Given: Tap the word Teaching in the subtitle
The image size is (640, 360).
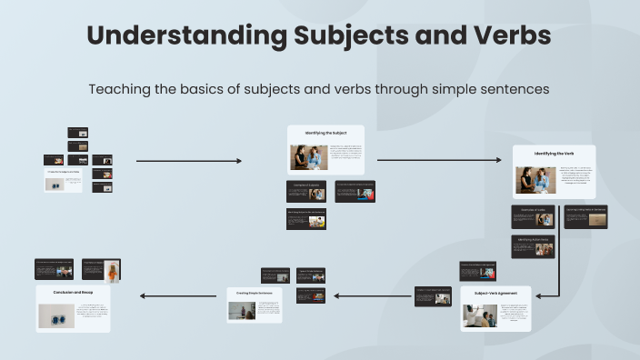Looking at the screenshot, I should click(122, 89).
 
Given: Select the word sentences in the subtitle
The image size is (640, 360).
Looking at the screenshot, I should click(515, 89).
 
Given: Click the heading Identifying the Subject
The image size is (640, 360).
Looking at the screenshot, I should click(325, 134).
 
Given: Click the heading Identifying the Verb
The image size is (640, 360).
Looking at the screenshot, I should click(554, 154).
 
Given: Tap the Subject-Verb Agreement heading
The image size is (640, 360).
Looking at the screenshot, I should click(495, 294).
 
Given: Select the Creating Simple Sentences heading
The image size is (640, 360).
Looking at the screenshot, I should click(254, 293).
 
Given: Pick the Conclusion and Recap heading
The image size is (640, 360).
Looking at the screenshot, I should click(73, 293).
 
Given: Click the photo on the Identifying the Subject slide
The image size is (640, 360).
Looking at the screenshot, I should click(308, 157).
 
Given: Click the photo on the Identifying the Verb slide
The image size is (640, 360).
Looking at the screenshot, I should click(535, 179).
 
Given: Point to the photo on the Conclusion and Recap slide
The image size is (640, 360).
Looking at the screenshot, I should click(56, 315).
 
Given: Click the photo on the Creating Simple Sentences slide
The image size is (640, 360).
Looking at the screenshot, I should click(241, 310).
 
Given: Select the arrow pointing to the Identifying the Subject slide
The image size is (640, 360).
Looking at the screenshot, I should click(189, 161).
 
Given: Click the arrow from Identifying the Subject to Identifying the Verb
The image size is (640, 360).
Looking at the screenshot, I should click(438, 161).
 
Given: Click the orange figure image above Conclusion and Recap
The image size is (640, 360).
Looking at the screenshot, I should click(112, 271).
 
